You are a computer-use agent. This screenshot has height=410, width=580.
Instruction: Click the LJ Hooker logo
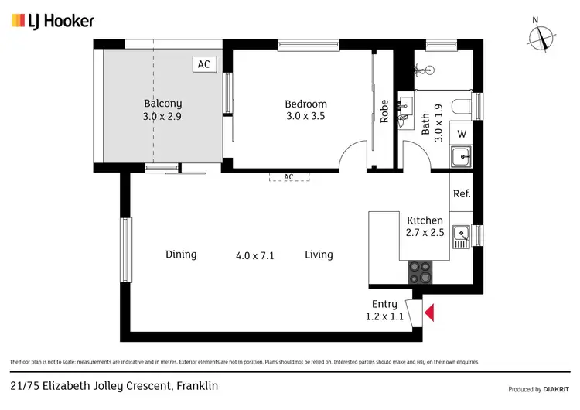coord(53,21)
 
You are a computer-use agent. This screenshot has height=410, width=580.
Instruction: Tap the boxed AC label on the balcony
coord(203,64)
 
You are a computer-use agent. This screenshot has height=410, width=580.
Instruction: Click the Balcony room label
coord(162,103)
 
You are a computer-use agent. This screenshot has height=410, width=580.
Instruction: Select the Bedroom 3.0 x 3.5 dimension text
coord(305,117)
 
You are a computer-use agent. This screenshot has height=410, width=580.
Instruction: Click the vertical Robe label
coord(384,113)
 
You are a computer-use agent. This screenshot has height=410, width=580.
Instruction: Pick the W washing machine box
coord(462,133)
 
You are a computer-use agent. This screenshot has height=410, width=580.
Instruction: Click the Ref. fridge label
coord(462,193)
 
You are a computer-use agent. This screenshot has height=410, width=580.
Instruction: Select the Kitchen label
coord(425,220)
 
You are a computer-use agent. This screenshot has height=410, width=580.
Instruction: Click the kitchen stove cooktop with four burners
coord(421,272)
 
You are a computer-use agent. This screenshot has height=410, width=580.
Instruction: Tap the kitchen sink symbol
coord(462,236)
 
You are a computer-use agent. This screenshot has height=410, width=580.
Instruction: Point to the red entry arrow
coord(430,313)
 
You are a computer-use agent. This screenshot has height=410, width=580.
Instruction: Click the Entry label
coord(384,304)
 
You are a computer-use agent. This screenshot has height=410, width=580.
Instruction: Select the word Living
coord(319,255)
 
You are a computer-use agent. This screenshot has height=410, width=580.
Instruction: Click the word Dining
coord(181,255)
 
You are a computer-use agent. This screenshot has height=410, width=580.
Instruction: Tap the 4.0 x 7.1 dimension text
coord(255,255)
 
